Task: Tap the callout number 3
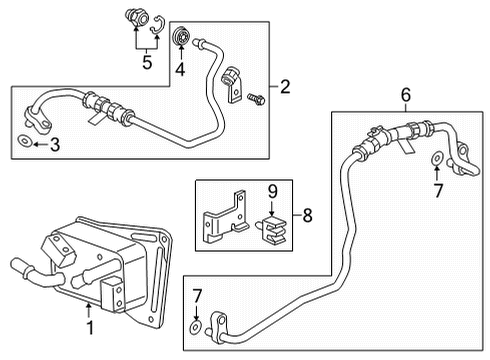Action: pyautogui.click(x=55, y=145)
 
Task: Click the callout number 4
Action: pyautogui.click(x=180, y=71)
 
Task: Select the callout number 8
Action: pyautogui.click(x=308, y=213)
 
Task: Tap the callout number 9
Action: pyautogui.click(x=270, y=189)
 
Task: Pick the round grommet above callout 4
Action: pyautogui.click(x=181, y=37)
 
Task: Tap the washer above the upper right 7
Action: pyautogui.click(x=437, y=159)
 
